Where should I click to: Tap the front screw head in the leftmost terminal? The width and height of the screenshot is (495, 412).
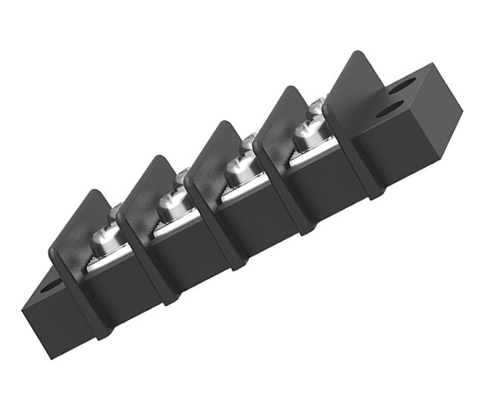[x=101, y=243]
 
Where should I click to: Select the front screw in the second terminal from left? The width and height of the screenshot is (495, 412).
[x=169, y=207]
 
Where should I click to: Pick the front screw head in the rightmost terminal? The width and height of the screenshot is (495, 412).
[x=305, y=136]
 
